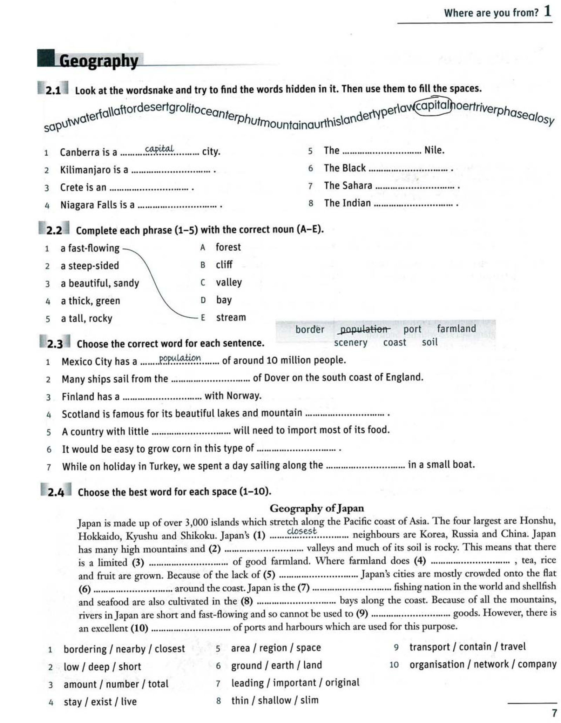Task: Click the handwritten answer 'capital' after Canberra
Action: [159, 149]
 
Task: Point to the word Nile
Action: [434, 150]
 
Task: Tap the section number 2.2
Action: [54, 230]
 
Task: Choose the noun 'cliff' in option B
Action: [224, 265]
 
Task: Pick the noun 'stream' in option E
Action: [231, 317]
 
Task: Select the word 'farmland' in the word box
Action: [456, 329]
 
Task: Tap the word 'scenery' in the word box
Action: [350, 343]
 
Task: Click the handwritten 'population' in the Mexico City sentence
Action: [180, 358]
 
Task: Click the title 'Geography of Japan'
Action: [317, 508]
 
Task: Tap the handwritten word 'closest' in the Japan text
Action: [302, 531]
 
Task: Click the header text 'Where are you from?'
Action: [491, 13]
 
